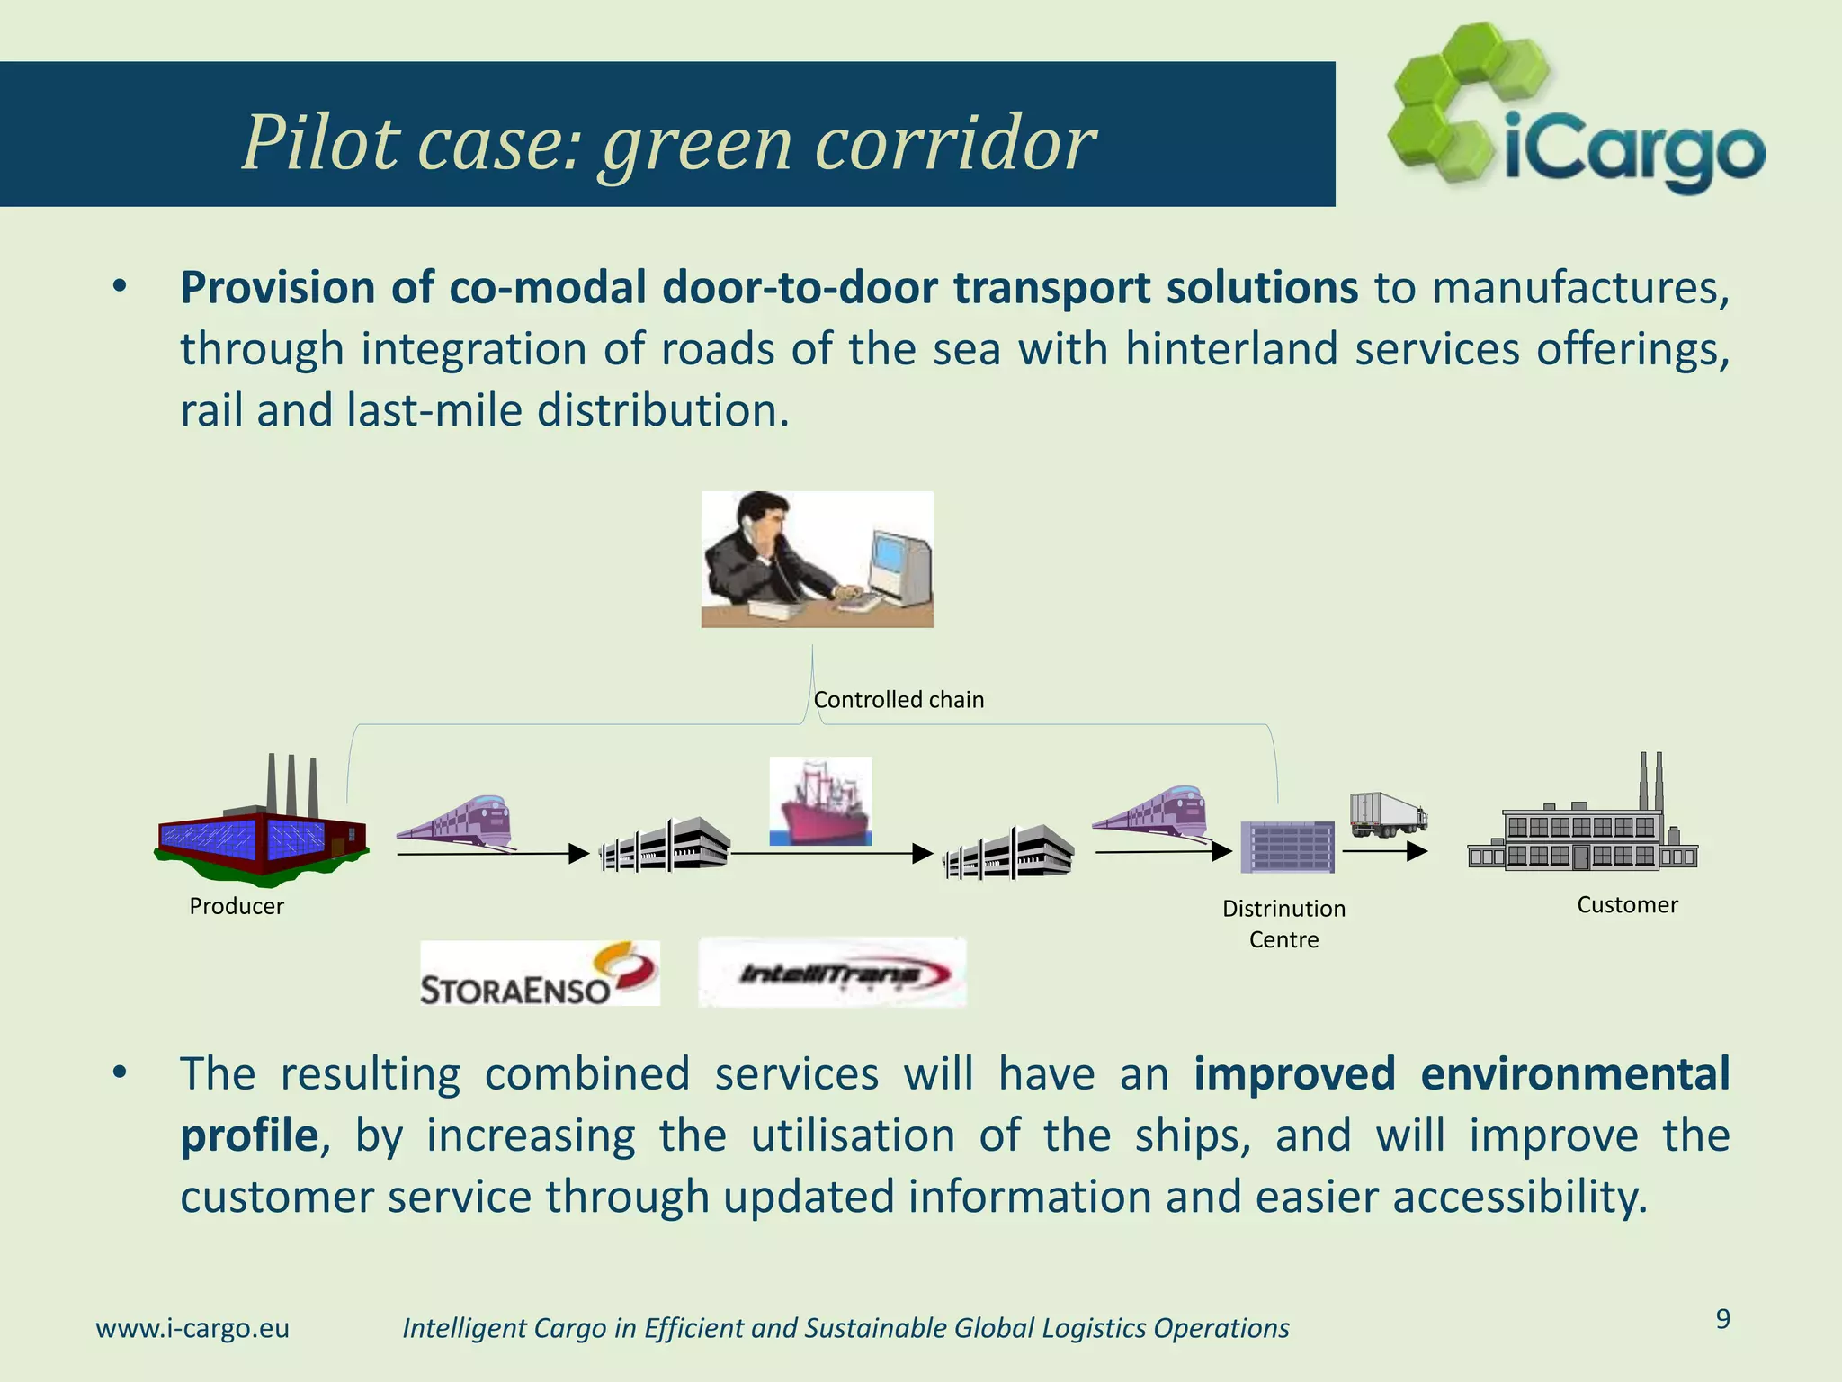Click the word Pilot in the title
pos(320,144)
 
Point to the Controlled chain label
pos(899,700)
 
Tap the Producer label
pos(237,906)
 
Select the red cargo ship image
pos(820,801)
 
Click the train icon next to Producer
pos(457,821)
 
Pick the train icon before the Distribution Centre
pos(1152,813)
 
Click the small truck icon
pos(1387,814)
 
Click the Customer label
pos(1627,905)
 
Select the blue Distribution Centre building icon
pos(1287,847)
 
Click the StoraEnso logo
pos(540,974)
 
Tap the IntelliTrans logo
pos(832,973)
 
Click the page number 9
pos(1722,1319)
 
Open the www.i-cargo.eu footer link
pos(192,1328)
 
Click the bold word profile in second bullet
pos(249,1135)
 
